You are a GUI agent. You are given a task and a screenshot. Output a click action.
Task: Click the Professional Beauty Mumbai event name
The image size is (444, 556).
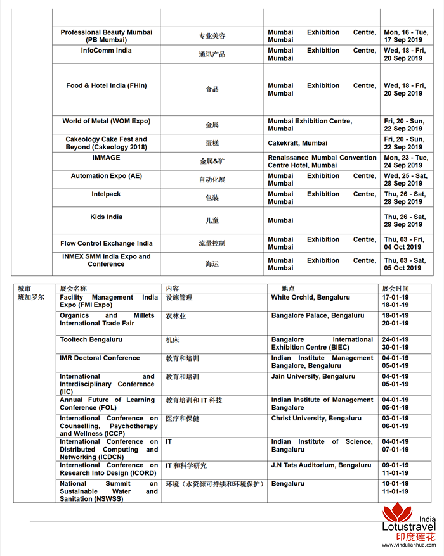tap(106, 35)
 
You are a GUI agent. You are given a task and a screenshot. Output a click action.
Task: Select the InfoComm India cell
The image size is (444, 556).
tap(106, 51)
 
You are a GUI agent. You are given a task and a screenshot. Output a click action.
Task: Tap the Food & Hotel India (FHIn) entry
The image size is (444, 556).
tap(106, 86)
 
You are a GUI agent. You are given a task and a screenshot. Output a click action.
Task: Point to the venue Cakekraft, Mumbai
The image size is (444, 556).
tap(297, 143)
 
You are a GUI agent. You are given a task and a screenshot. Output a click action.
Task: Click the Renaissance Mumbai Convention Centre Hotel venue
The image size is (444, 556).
tap(322, 161)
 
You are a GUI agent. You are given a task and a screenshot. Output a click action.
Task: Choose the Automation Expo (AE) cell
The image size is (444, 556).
tap(106, 176)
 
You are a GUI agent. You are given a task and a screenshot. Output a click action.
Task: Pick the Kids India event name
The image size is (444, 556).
tap(106, 217)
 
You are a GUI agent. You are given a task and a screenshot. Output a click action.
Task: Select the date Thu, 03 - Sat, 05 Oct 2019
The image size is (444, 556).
tap(405, 264)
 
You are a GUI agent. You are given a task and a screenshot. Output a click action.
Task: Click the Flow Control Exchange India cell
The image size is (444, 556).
tap(106, 243)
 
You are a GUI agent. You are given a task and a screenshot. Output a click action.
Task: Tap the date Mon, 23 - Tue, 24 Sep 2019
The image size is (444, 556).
tap(405, 161)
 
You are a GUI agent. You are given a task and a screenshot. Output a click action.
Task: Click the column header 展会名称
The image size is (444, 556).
tap(73, 288)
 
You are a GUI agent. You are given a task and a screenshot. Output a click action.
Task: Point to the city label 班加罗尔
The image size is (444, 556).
tap(31, 297)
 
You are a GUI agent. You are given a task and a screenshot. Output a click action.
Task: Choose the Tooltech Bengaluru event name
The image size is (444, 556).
tap(91, 339)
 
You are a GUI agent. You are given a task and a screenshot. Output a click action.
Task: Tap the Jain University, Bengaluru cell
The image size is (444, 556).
tap(313, 376)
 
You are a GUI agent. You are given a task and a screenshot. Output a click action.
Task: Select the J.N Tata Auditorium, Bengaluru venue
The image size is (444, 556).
tap(321, 465)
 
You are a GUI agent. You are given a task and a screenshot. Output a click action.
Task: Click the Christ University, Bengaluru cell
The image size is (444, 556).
tap(316, 418)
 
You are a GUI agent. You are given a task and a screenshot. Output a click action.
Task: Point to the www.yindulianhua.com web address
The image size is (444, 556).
tap(408, 548)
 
